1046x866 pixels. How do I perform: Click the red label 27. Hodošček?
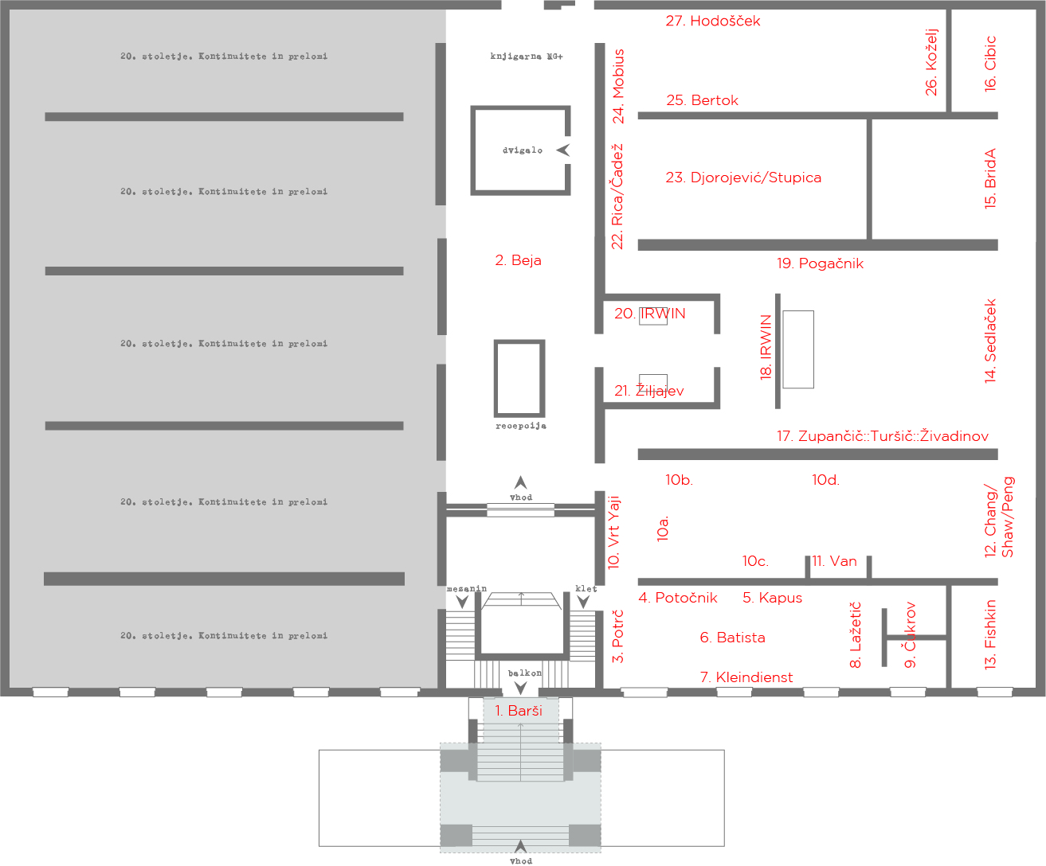tap(712, 21)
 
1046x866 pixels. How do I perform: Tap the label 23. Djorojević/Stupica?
tap(743, 177)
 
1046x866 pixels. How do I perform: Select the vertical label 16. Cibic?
tap(990, 64)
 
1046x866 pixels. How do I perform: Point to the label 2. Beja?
tap(518, 260)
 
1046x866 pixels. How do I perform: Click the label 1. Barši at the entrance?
tap(519, 711)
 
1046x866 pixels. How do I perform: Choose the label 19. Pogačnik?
tap(820, 263)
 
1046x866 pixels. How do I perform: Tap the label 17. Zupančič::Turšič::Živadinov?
tap(883, 436)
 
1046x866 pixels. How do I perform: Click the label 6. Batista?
tap(732, 638)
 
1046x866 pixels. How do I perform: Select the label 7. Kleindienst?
tap(746, 677)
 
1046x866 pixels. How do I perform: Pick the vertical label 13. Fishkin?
tap(990, 634)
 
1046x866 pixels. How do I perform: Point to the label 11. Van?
tap(834, 561)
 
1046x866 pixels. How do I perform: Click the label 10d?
tap(825, 480)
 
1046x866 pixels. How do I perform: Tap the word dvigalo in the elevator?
tap(523, 150)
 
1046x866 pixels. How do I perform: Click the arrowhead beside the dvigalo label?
tap(563, 150)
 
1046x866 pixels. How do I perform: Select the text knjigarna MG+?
tap(527, 57)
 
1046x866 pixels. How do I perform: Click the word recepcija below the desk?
tap(521, 426)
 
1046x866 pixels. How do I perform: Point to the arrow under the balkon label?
tap(521, 688)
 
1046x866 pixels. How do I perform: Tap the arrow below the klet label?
tap(584, 602)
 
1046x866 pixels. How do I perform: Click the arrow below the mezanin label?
tap(462, 602)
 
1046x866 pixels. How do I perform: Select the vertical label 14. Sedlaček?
tap(990, 341)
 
